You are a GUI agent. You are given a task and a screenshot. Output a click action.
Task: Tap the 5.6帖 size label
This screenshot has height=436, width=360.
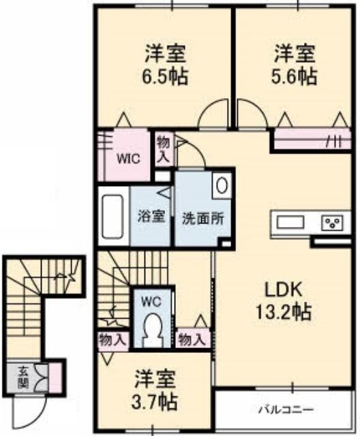coord(295,76)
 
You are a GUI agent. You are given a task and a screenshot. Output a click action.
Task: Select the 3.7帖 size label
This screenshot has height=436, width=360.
coord(154,402)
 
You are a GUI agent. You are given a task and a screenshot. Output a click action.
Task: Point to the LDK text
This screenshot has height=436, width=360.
coord(283,290)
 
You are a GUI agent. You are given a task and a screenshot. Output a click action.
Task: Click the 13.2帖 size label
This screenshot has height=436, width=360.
coord(283,312)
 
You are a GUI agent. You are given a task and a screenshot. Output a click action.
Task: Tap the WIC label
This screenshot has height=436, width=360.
coord(128,159)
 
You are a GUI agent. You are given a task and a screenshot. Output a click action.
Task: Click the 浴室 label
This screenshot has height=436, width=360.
coord(151,216)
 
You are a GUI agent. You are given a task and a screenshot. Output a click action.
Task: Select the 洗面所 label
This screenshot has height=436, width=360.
coord(203,219)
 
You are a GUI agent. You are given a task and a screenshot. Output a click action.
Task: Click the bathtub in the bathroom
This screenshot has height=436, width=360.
coord(112,216)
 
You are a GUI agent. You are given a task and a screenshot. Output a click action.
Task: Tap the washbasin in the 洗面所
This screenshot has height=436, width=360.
coord(222,185)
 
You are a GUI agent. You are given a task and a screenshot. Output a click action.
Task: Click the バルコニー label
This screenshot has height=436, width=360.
coord(286,409)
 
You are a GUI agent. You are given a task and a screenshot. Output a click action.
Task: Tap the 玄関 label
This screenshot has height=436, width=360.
coord(23,377)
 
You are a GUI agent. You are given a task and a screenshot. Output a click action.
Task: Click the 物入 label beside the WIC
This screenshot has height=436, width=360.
coord(164,150)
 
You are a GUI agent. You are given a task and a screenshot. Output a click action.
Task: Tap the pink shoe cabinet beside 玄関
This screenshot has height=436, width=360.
coord(55,377)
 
